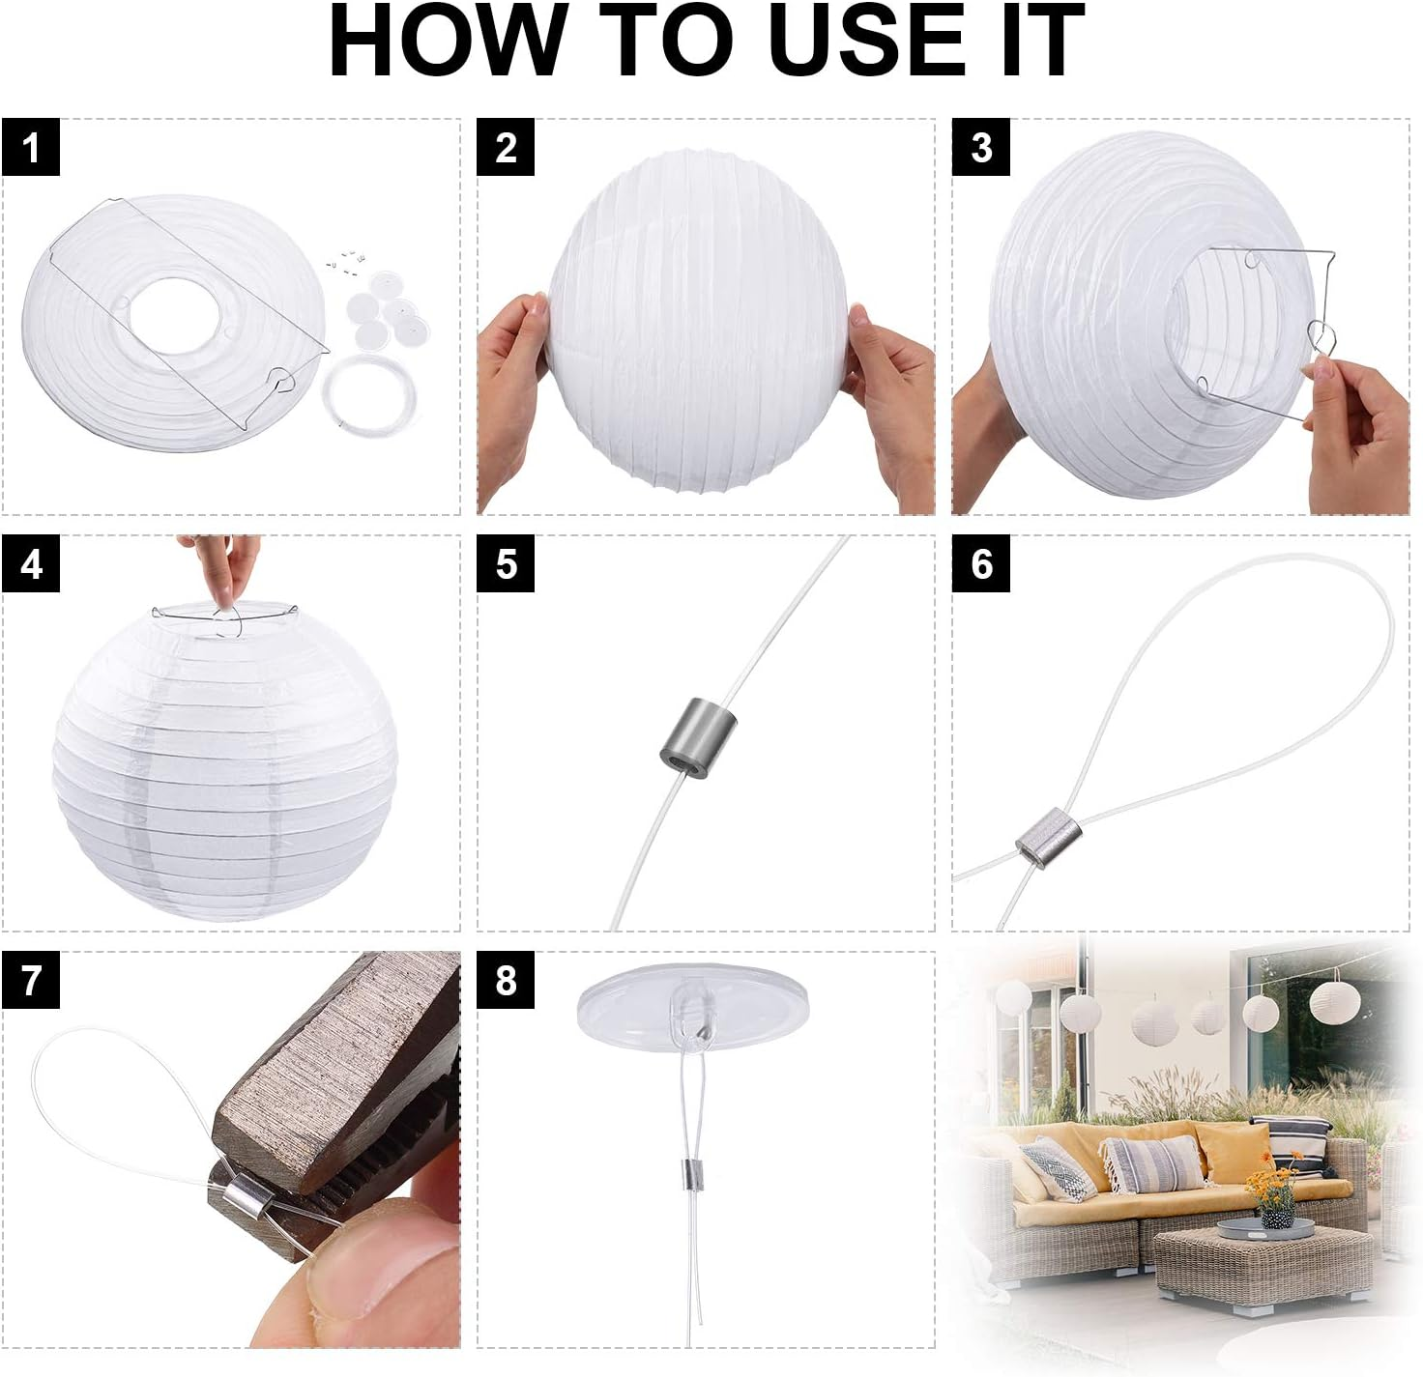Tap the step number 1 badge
pos(31,148)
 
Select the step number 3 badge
pos(981,148)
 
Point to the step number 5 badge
pos(506,563)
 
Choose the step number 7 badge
pos(31,980)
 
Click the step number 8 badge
pos(506,980)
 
